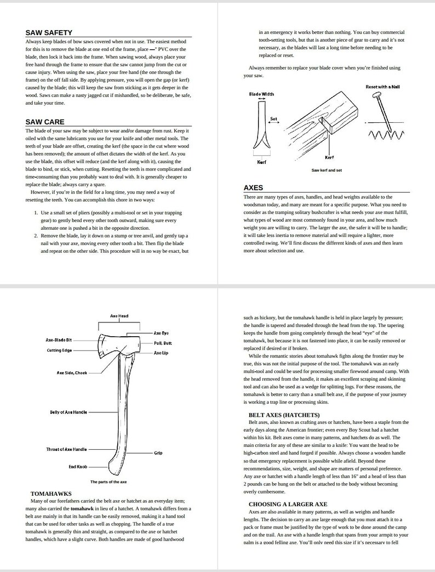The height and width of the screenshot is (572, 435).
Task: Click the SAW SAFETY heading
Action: click(49, 33)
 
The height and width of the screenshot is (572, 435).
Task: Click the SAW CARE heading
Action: click(44, 122)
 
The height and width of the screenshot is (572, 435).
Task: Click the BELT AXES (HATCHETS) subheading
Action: click(284, 415)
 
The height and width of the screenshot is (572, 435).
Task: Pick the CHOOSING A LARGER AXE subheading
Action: click(288, 504)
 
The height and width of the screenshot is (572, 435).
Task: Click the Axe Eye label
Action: click(161, 333)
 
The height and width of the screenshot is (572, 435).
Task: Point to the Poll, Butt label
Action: click(163, 343)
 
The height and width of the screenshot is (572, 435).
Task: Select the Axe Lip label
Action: click(161, 353)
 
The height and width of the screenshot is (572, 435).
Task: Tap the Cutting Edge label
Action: click(59, 350)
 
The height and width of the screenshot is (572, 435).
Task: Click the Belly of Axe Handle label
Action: click(68, 412)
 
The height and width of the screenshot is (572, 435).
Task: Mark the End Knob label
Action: click(77, 467)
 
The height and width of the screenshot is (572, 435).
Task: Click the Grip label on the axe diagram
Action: click(158, 453)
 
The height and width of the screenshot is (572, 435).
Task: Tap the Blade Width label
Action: click(261, 94)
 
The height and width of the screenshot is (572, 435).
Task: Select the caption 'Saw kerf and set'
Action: click(327, 170)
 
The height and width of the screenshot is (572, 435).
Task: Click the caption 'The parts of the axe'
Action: click(108, 482)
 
